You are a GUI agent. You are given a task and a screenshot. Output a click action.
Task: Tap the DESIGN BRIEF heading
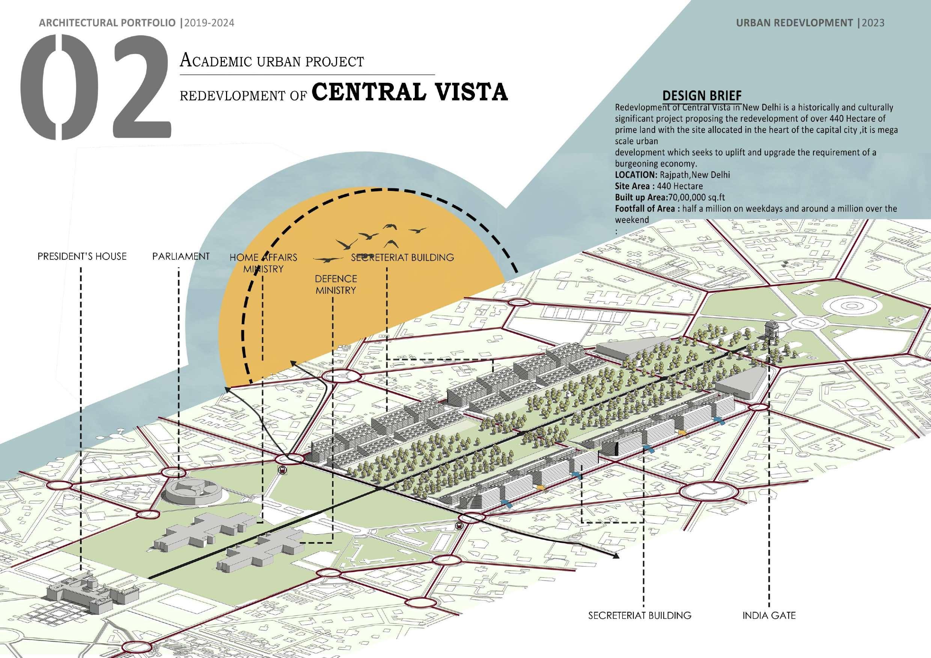click(702, 96)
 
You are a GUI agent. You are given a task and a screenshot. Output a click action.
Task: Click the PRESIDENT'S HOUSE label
click(82, 257)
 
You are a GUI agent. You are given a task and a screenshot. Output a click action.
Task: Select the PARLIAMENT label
click(181, 257)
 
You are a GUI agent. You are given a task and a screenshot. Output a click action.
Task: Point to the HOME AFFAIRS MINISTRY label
click(264, 263)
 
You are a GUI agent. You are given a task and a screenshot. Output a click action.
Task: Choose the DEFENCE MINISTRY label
click(336, 284)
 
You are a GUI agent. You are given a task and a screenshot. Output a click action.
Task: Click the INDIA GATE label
click(769, 616)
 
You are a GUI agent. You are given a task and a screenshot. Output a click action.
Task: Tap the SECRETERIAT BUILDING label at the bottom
click(640, 616)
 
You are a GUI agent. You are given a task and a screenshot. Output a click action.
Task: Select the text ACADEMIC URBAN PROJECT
click(272, 61)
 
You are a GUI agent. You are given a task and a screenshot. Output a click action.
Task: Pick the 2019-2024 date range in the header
click(209, 23)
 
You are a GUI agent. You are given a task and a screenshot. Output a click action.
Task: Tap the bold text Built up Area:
click(641, 198)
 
